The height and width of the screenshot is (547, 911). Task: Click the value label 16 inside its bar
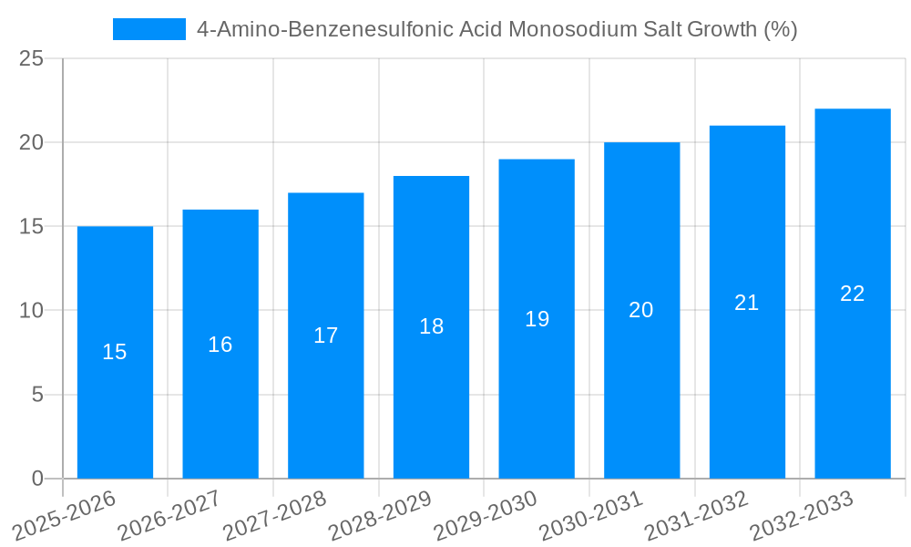[x=220, y=345]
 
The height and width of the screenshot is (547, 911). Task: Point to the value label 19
[x=537, y=319]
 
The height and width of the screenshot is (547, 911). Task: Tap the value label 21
[x=747, y=303]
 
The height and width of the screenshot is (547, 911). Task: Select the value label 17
[x=325, y=335]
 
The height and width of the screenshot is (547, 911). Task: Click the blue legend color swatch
[x=148, y=29]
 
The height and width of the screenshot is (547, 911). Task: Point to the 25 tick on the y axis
[x=31, y=58]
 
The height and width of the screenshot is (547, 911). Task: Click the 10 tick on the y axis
[x=31, y=311]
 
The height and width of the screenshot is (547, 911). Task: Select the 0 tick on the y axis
[x=37, y=479]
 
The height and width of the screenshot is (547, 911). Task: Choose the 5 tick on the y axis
[x=37, y=395]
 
